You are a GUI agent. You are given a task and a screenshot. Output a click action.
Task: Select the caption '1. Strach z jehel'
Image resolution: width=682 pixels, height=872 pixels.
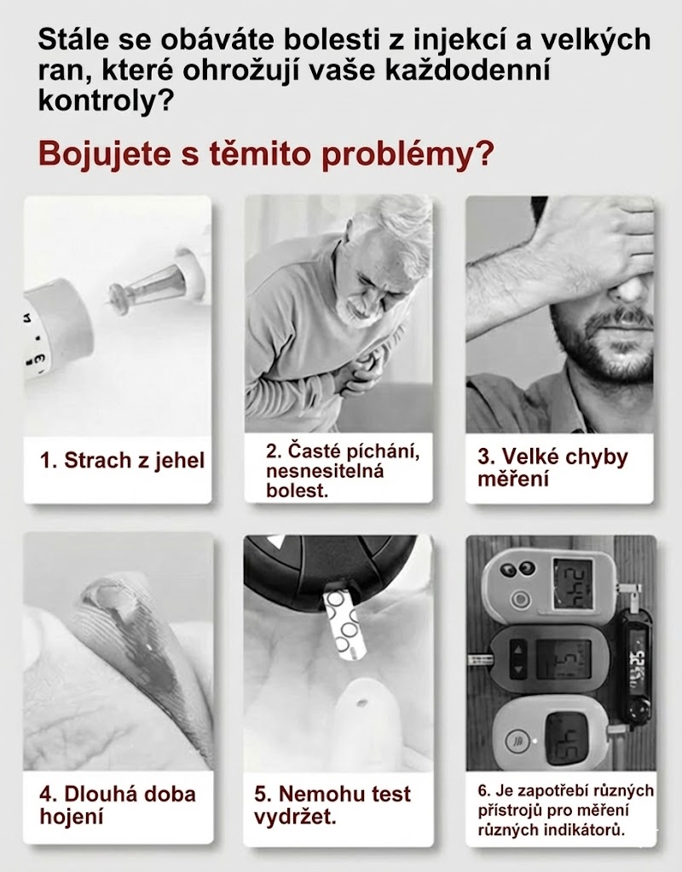point(123,461)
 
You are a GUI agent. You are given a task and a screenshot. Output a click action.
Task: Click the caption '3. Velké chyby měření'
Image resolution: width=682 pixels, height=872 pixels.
point(552,468)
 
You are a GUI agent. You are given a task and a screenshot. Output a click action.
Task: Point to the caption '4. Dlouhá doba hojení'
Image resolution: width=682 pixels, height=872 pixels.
point(118,806)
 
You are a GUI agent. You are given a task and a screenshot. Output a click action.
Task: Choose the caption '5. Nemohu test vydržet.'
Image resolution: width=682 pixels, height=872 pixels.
point(332,806)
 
